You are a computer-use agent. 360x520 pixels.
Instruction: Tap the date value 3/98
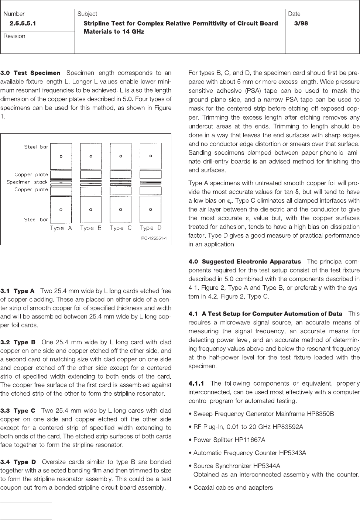pos(301,24)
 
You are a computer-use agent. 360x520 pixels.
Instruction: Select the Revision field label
pos(14,36)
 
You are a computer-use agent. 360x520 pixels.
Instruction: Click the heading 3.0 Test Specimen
pos(30,73)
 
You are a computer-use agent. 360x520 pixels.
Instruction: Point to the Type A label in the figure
pos(61,228)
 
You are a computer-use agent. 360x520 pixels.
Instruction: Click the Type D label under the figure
pos(151,228)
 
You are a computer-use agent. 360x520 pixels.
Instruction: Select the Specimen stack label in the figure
pos(27,182)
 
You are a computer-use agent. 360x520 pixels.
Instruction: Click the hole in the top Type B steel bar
pos(91,156)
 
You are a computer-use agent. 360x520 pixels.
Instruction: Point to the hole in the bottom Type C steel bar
pos(121,209)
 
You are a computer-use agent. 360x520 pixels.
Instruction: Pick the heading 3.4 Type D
pos(18,462)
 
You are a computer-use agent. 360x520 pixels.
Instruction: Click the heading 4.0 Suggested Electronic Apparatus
pos(245,262)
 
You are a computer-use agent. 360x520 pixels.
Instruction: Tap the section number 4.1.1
pos(196,383)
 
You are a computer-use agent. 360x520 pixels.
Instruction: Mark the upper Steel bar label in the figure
pos(36,147)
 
